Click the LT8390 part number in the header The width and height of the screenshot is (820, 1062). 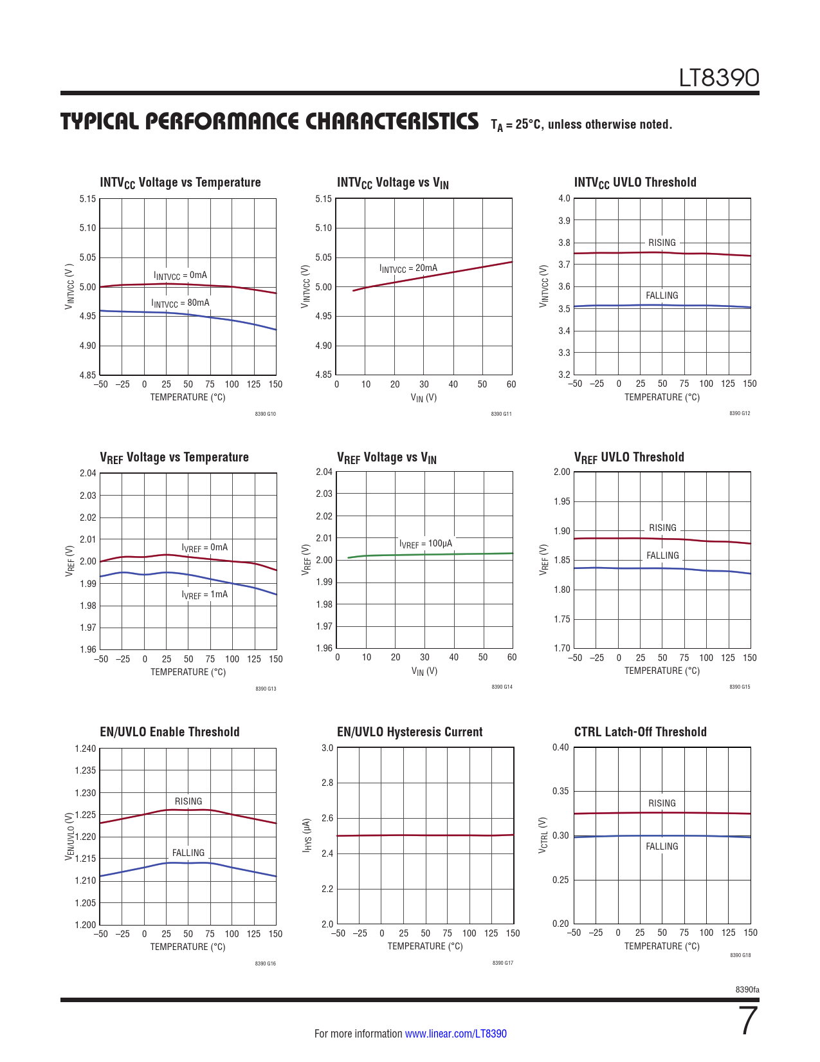(719, 79)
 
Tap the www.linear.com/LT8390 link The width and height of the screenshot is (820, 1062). (455, 1034)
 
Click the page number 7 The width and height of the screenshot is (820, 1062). (749, 1021)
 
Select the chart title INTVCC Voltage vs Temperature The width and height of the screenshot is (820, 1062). (180, 183)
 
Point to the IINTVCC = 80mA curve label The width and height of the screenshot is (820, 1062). (180, 303)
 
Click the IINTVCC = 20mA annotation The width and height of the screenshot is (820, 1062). (408, 268)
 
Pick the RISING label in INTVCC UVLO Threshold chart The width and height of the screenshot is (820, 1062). (662, 243)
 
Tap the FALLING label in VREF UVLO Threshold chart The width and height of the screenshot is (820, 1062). (662, 555)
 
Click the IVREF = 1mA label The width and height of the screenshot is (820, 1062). (205, 595)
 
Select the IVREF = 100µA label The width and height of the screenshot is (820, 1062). (425, 544)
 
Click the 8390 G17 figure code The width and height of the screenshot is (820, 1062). (502, 963)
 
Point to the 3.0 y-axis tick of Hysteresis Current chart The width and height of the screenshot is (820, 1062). (327, 748)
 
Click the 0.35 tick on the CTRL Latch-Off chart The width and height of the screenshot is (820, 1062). (561, 791)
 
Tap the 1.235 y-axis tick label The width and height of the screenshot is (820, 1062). (86, 770)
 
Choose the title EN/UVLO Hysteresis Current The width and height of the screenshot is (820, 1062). (410, 732)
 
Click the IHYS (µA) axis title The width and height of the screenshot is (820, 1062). (307, 836)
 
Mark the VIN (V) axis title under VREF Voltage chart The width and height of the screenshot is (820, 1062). (424, 671)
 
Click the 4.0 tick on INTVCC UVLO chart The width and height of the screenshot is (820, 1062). (564, 198)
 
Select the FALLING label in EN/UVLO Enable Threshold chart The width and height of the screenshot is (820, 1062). (188, 853)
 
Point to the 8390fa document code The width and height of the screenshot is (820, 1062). (747, 989)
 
